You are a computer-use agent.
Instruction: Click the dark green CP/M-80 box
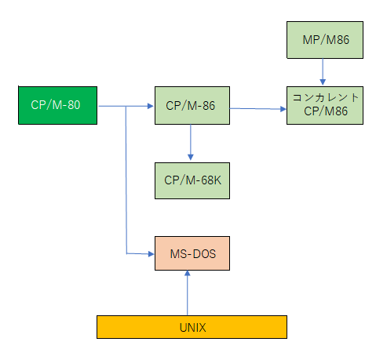pos(57,105)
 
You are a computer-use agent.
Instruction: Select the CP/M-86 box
pos(192,105)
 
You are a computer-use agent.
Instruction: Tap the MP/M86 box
pos(325,40)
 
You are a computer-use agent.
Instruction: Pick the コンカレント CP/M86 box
pos(325,105)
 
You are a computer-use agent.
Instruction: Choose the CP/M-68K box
pos(192,180)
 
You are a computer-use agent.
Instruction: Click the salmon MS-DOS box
pos(192,253)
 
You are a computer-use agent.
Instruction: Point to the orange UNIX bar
pos(192,327)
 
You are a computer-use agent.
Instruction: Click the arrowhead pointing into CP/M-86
pos(151,106)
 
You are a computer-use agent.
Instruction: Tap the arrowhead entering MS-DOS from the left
pos(151,254)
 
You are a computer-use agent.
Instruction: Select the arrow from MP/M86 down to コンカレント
pos(323,71)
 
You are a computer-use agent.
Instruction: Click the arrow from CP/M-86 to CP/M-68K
pos(191,142)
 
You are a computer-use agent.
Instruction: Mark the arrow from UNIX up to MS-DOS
pos(188,293)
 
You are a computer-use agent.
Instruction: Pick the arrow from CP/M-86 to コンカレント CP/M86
pos(258,109)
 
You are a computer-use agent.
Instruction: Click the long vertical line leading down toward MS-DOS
pos(126,180)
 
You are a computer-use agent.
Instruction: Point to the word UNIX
pos(193,328)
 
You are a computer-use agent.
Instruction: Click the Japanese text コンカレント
pos(325,97)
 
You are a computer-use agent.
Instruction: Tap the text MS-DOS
pos(193,254)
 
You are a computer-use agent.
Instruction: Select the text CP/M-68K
pos(192,180)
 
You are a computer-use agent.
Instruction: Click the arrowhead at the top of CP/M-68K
pos(191,157)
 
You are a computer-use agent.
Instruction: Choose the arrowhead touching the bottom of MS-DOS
pos(188,273)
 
